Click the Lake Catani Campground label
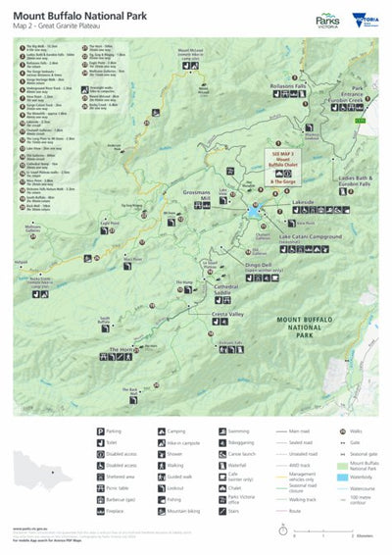(313, 238)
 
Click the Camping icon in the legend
(163, 430)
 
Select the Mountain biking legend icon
(163, 512)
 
